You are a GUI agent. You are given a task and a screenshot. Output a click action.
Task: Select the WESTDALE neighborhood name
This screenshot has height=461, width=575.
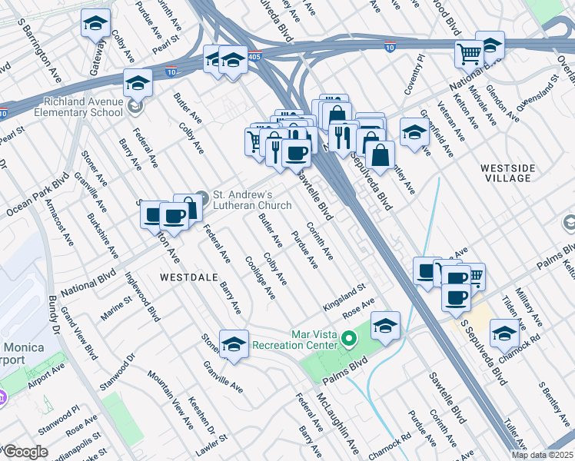click(x=185, y=276)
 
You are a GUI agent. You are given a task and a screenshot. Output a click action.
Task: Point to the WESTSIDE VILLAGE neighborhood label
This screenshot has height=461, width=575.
click(x=506, y=172)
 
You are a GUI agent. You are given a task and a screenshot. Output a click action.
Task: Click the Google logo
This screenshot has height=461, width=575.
click(x=25, y=452)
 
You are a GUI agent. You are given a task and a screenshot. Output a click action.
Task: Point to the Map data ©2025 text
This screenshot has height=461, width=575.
click(x=541, y=455)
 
